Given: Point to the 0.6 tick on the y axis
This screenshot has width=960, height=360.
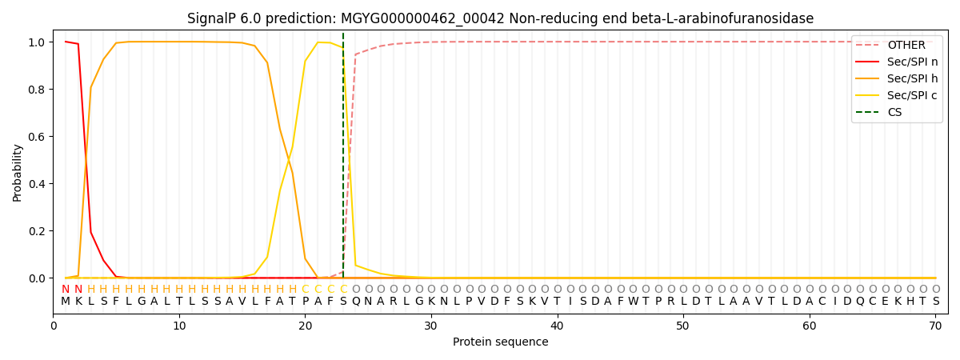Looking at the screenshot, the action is (37, 137).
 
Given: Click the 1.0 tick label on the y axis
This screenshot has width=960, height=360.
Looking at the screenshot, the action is (37, 42).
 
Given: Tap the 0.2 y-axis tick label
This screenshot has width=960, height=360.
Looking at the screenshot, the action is (37, 231).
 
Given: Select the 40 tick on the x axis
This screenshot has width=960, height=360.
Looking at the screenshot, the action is (557, 326).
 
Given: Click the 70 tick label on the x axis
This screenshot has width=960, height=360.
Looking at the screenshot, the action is (935, 326).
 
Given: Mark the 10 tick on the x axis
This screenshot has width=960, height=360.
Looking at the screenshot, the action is (179, 326).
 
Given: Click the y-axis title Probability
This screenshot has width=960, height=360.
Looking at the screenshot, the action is (17, 173).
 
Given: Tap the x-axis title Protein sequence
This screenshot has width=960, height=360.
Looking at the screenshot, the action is (501, 342).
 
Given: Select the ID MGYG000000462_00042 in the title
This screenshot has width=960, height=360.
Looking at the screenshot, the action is (422, 19).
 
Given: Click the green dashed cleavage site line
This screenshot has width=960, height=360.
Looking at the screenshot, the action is (343, 155).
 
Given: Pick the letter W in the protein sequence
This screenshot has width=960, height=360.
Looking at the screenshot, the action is (633, 302).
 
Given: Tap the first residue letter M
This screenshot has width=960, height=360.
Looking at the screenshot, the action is (66, 302).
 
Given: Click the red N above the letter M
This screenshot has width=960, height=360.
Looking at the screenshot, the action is (66, 290).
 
